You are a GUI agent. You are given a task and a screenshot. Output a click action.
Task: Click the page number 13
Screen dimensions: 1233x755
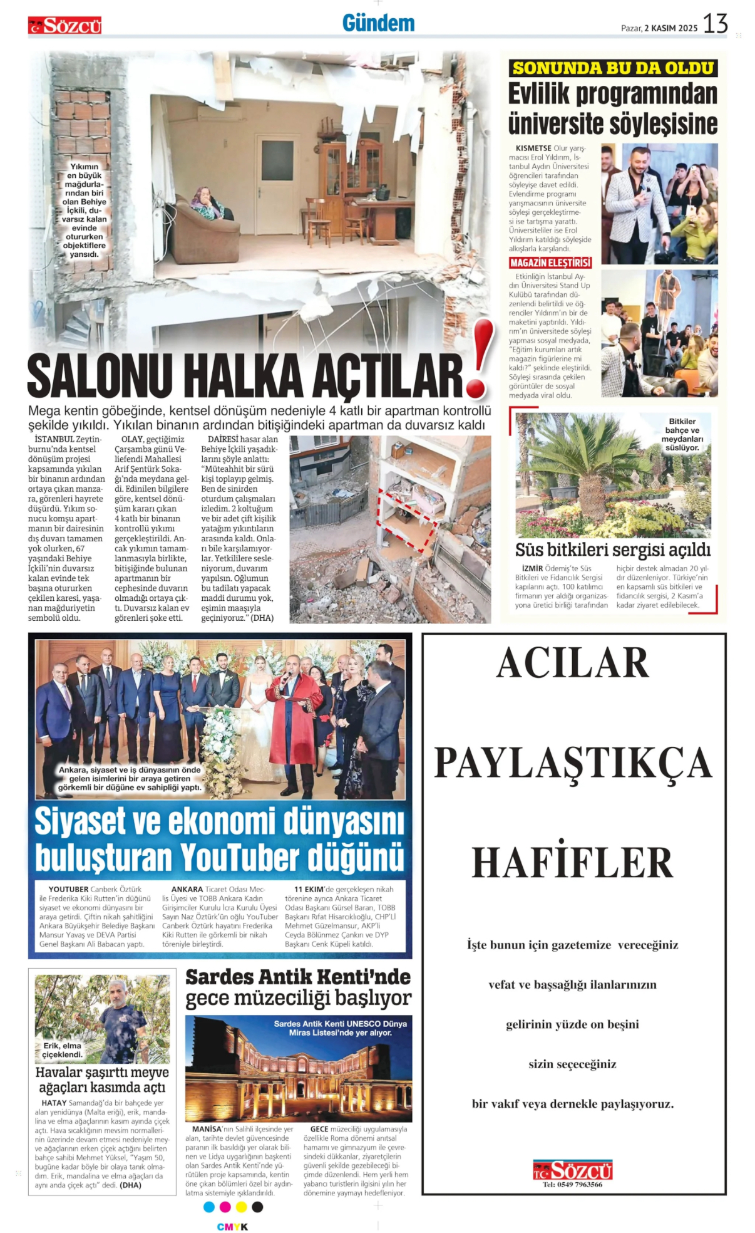(715, 24)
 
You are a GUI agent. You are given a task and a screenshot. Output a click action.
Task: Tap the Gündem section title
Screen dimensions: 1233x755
(378, 24)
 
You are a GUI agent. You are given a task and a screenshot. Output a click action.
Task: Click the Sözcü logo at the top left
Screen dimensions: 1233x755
(64, 26)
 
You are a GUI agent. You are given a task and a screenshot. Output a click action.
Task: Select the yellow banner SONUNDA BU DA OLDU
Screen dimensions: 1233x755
(613, 68)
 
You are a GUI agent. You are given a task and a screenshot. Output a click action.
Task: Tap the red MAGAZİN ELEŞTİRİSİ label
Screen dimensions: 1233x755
(550, 263)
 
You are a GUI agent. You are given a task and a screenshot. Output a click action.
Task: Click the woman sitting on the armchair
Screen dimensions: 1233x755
(206, 204)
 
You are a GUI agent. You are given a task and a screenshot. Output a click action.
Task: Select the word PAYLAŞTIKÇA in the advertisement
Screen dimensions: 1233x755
(573, 763)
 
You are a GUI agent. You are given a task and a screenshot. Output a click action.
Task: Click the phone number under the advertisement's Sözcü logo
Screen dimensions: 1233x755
(572, 1184)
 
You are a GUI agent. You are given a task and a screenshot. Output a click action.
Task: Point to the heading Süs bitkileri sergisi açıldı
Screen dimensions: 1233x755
(612, 549)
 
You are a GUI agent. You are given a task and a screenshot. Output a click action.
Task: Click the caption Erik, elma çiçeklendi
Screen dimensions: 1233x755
(63, 1050)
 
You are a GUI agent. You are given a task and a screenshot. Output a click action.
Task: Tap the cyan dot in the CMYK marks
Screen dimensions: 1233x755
(209, 1207)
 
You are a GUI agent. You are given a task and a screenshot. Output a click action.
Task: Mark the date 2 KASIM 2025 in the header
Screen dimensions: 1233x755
(670, 28)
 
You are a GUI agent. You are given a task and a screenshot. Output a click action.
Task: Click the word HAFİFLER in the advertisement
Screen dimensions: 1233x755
(572, 862)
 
